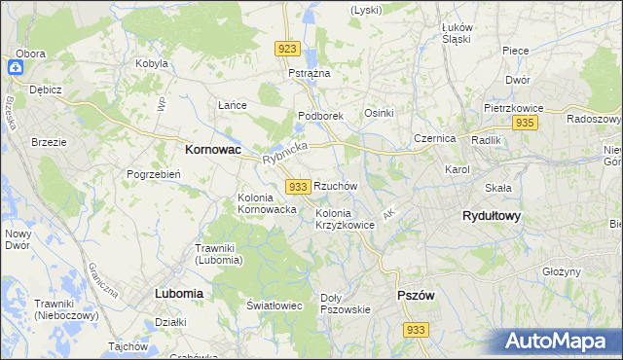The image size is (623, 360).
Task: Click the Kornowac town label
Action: coord(213,151)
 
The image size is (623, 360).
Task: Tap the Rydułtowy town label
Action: coord(491,217)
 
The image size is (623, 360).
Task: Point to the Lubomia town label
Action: coord(178,292)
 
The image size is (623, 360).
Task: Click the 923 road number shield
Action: coord(286,49)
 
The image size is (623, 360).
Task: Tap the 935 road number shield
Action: coord(526,123)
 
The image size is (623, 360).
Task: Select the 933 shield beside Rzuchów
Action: coord(299,186)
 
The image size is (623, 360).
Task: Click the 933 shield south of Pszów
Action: coord(417,330)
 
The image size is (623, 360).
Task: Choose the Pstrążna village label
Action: coord(310,73)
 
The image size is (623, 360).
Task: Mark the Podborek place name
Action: coord(320,116)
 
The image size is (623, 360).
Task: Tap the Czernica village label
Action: coord(434,138)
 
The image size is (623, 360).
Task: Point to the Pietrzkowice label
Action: coord(513,109)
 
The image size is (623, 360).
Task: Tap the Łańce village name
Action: coord(232,105)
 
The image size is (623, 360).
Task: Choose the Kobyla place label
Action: coord(152,63)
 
